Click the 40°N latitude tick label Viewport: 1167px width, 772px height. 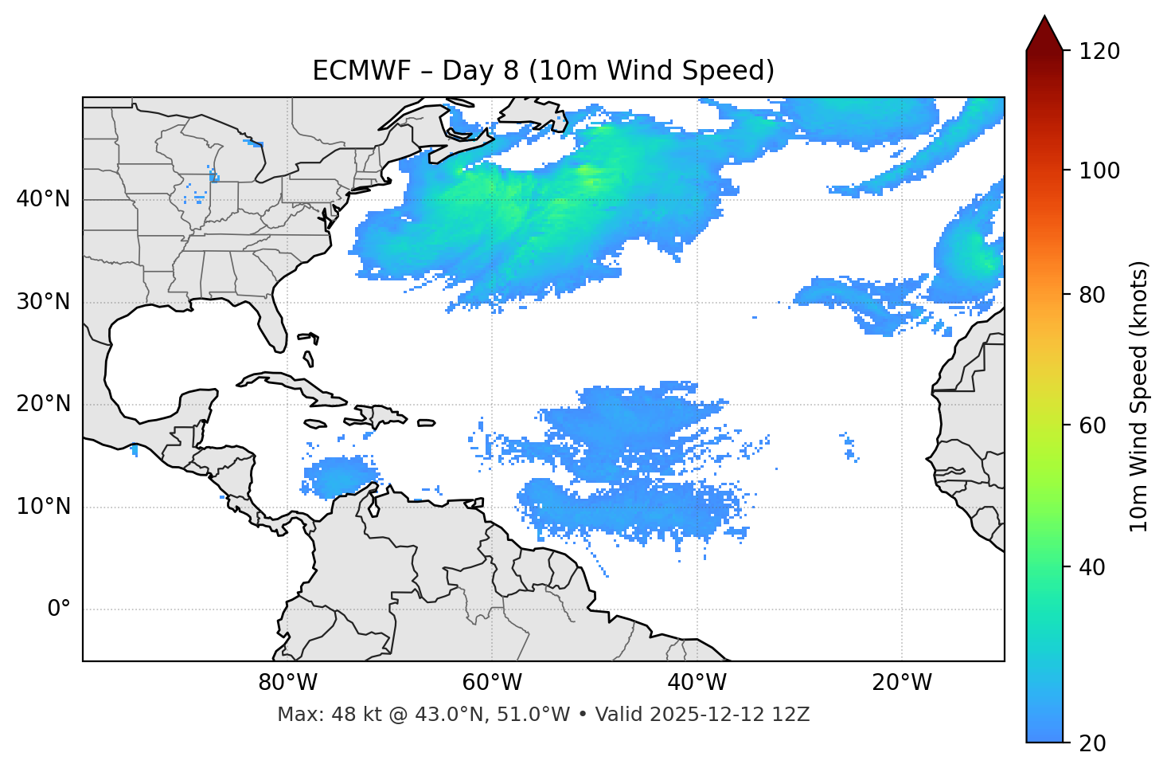(x=43, y=199)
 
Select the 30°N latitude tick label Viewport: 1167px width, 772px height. (x=43, y=302)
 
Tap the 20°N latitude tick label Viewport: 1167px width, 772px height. (x=43, y=404)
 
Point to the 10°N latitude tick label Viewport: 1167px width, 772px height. (x=43, y=507)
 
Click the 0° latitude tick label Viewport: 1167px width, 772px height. (x=58, y=609)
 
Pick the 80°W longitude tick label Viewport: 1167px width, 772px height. (x=287, y=683)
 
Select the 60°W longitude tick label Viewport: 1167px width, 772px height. (x=491, y=683)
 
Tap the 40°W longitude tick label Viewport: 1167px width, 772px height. (x=697, y=683)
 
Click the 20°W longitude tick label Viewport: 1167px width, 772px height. (x=901, y=683)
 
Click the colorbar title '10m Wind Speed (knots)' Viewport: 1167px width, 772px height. (x=1139, y=396)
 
